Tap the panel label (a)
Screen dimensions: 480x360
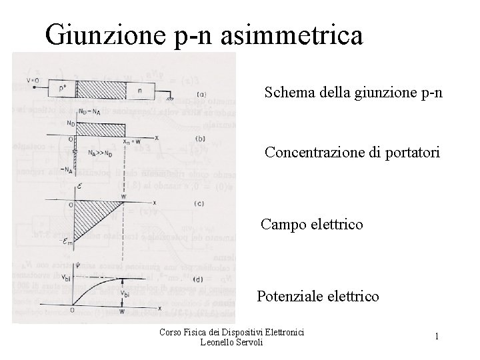(202, 94)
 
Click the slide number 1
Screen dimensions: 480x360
(436, 337)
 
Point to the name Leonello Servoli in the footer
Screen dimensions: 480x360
(231, 342)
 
